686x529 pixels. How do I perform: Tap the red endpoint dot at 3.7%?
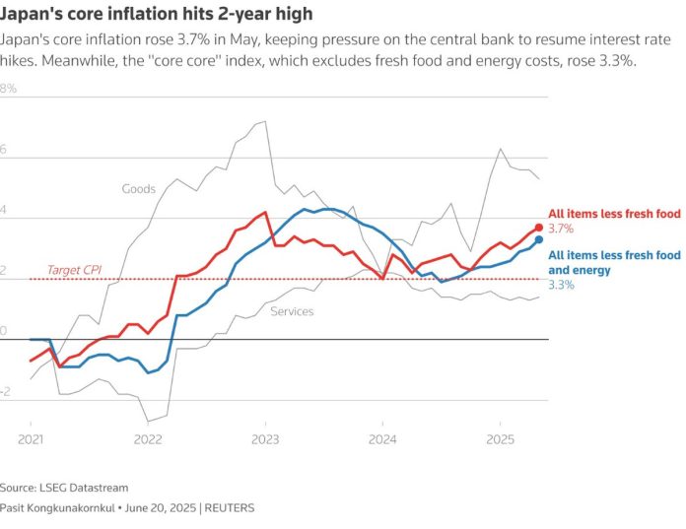(x=539, y=228)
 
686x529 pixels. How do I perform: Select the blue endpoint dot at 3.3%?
(x=539, y=239)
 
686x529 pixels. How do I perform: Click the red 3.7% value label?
(x=561, y=229)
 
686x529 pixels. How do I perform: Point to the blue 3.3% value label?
(x=561, y=285)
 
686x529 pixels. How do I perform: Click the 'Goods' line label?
(x=139, y=188)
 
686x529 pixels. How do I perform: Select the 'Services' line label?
(x=292, y=311)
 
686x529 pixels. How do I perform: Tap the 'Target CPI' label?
(x=75, y=269)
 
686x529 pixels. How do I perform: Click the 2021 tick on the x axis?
(x=30, y=438)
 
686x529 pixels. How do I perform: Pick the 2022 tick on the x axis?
(x=147, y=438)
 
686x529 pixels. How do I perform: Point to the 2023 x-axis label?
(x=265, y=438)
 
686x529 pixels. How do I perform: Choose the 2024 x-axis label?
(x=382, y=438)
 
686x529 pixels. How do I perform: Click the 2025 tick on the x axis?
(x=500, y=438)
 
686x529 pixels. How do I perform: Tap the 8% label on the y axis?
(x=9, y=89)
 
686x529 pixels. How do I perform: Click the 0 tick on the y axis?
(x=5, y=331)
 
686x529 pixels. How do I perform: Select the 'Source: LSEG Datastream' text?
(x=64, y=488)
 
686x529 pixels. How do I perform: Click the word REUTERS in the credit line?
(x=228, y=508)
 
